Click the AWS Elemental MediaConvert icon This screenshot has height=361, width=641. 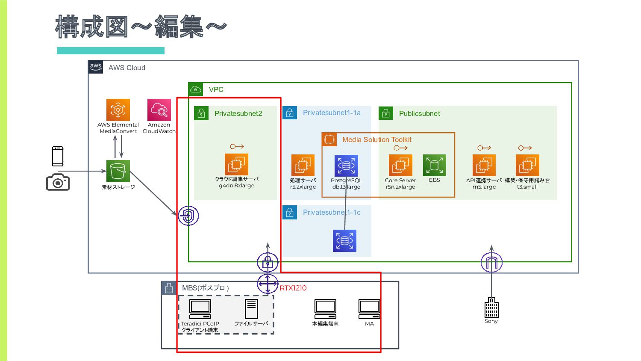(118, 110)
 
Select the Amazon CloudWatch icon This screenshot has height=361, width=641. (159, 110)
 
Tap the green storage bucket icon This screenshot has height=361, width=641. (118, 171)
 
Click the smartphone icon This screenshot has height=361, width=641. (58, 156)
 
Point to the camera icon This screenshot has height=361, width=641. (58, 182)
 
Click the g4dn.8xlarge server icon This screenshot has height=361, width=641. (236, 165)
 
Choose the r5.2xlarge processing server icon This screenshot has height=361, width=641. (303, 166)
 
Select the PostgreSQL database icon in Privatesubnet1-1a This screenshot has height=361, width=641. (346, 166)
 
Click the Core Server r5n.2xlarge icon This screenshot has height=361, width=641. (400, 166)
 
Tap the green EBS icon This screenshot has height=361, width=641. (434, 166)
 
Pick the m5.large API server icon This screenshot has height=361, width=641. (484, 166)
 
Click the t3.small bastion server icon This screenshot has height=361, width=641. (527, 166)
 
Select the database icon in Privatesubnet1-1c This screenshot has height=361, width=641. (344, 240)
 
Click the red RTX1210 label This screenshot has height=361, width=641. (293, 288)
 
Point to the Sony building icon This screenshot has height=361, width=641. (491, 308)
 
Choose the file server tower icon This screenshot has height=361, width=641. (251, 309)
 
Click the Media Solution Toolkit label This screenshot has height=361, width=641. (376, 139)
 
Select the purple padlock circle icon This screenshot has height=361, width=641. (268, 262)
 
